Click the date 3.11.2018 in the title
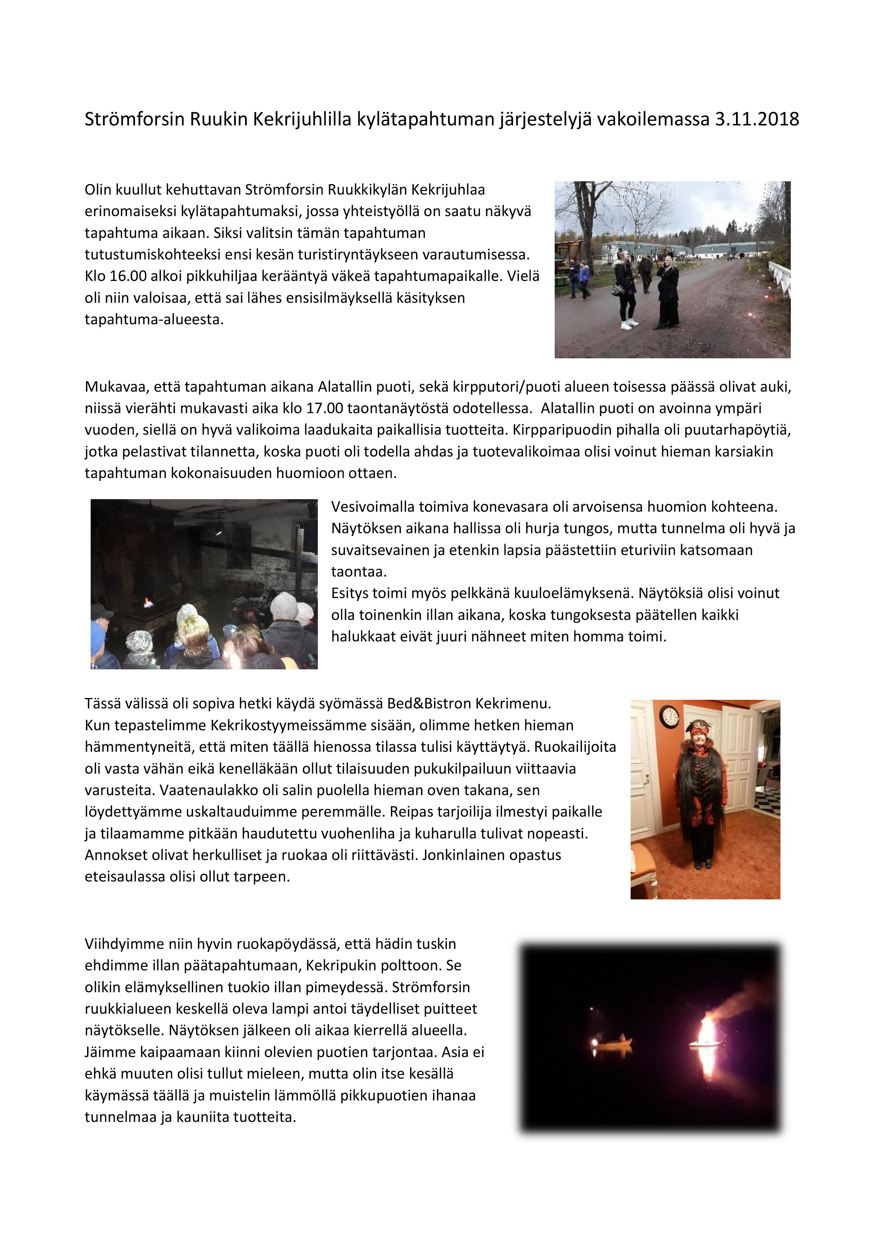(x=756, y=119)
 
